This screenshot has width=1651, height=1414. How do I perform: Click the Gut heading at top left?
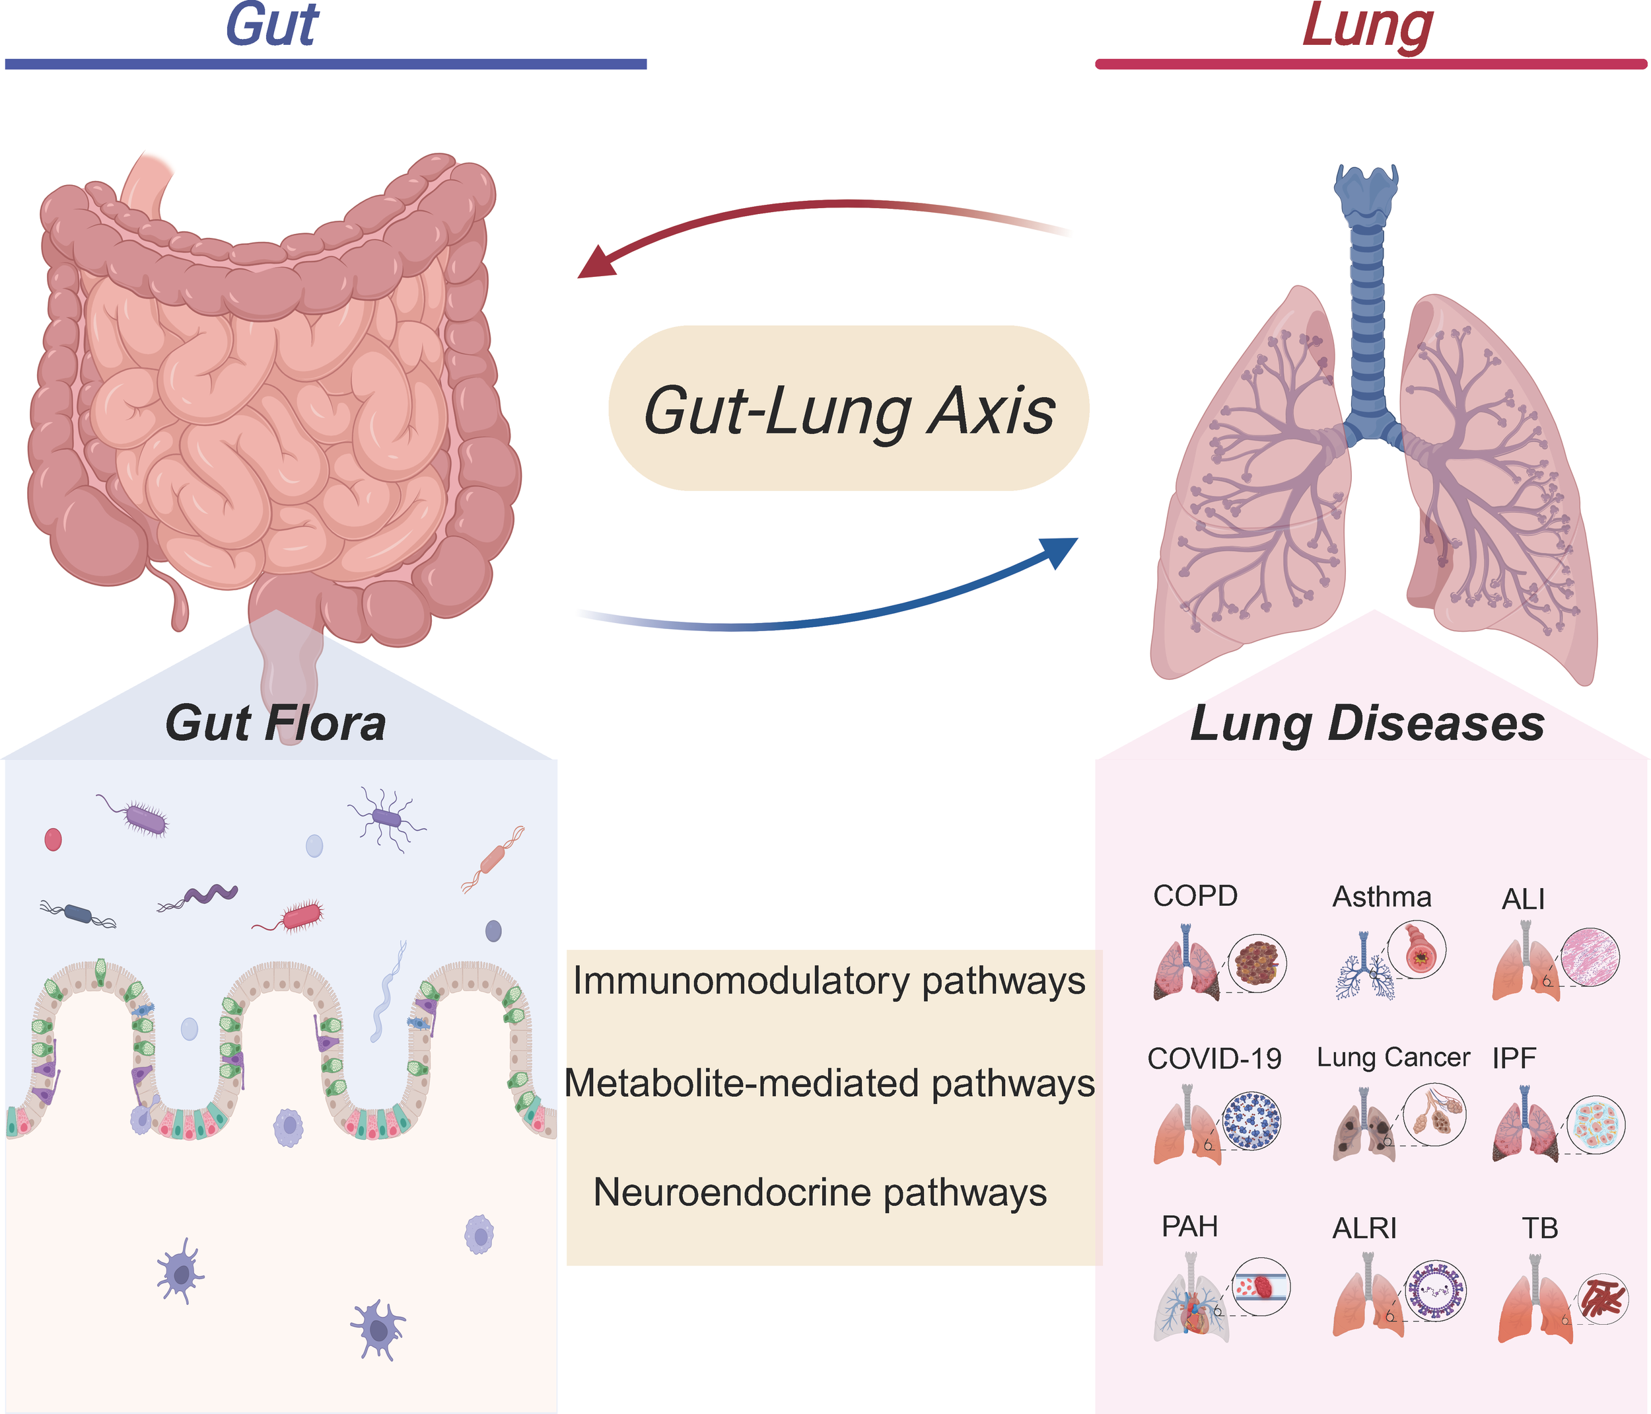click(x=273, y=26)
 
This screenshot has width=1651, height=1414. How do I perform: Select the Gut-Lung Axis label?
click(x=849, y=410)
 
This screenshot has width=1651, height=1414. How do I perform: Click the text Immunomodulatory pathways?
click(x=829, y=981)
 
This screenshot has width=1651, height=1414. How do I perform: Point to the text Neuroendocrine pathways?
click(x=820, y=1193)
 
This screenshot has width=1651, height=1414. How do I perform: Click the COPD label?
click(x=1195, y=896)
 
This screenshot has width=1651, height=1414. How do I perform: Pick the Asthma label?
click(x=1382, y=897)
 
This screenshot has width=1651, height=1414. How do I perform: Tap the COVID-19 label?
click(x=1214, y=1059)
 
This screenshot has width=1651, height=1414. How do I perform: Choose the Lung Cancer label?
click(x=1393, y=1058)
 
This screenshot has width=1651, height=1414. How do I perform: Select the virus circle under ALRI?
click(x=1435, y=1291)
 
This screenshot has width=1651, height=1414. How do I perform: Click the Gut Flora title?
click(x=275, y=724)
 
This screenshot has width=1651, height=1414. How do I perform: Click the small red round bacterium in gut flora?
click(x=53, y=839)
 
